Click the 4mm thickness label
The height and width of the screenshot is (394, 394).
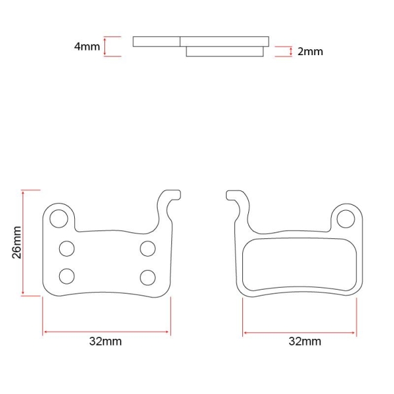pyautogui.click(x=87, y=47)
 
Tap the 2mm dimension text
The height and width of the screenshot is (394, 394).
pyautogui.click(x=310, y=51)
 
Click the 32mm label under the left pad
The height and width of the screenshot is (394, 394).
pyautogui.click(x=106, y=341)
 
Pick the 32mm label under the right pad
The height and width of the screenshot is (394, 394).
pyautogui.click(x=305, y=341)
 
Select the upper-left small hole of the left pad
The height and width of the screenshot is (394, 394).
pyautogui.click(x=66, y=248)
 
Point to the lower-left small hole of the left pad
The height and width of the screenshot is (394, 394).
pyautogui.click(x=66, y=275)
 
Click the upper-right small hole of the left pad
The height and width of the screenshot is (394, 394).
pyautogui.click(x=147, y=248)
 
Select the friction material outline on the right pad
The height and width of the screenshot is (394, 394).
pyautogui.click(x=299, y=266)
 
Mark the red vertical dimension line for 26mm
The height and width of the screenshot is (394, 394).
pyautogui.click(x=24, y=242)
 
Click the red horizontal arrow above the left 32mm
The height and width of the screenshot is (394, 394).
pyautogui.click(x=106, y=332)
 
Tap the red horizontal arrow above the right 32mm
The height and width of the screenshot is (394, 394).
pyautogui.click(x=299, y=332)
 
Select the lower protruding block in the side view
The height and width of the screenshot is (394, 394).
pyautogui.click(x=225, y=52)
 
